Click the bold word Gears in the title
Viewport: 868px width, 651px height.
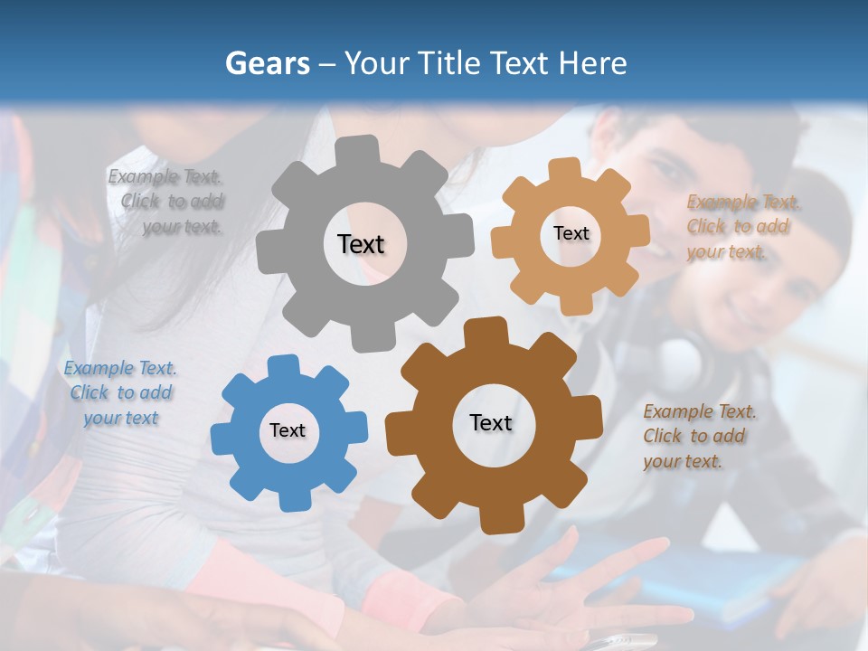coord(267,63)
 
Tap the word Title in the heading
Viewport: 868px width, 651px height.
coord(452,63)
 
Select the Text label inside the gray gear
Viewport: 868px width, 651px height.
coord(361,244)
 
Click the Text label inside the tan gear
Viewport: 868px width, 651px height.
coord(571,233)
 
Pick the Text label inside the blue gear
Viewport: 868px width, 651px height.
coord(288,431)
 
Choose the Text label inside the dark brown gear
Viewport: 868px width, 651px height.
coord(491,423)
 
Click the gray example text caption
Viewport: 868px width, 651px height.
coord(168,202)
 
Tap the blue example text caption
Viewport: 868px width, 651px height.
coord(119,393)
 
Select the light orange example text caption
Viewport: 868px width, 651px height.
coord(741,227)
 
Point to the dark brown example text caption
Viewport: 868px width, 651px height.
coord(698,437)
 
